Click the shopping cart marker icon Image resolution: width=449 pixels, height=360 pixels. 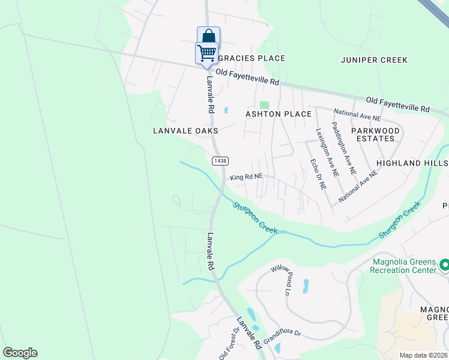click(206, 53)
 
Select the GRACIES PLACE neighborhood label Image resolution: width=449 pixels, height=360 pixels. click(251, 58)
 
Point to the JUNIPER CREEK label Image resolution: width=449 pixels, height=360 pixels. click(374, 60)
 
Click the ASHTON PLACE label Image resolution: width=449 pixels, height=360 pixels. click(279, 114)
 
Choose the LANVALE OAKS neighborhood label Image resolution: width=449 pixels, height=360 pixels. click(185, 130)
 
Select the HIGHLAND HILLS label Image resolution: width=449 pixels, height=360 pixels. click(412, 163)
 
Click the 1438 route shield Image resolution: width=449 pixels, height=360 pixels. click(219, 161)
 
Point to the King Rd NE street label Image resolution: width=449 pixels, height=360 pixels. click(247, 177)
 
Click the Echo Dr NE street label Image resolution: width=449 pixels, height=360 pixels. click(318, 174)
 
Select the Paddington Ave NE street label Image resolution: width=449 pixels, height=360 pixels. click(347, 151)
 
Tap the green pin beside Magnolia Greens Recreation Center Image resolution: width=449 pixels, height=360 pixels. click(444, 265)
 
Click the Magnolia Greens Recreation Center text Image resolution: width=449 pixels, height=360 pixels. click(403, 266)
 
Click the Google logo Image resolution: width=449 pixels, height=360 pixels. click(20, 353)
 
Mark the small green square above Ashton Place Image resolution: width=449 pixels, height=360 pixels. click(264, 105)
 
